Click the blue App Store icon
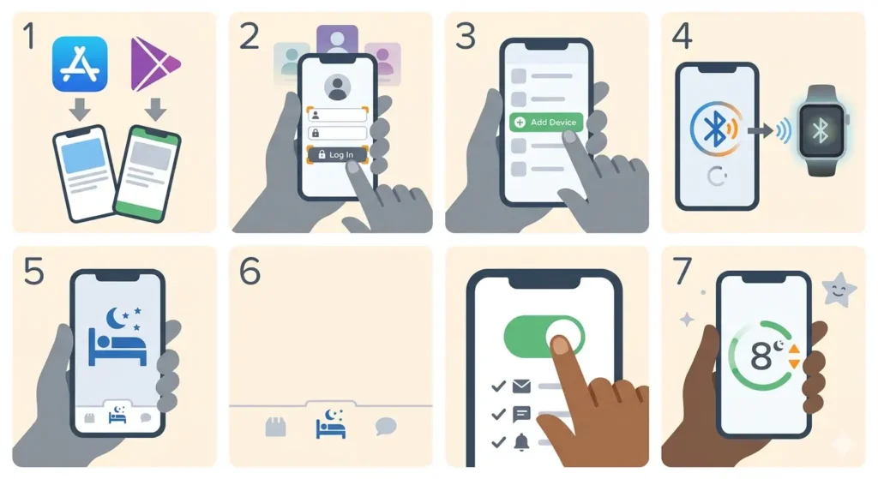coord(80,63)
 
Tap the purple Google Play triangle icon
coord(154,64)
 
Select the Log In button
coord(337,154)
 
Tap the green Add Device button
coord(545,123)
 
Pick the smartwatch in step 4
coord(820,129)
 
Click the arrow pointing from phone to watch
coord(759,130)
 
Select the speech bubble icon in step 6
coord(387,426)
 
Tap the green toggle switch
coord(544,335)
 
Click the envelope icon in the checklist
coord(521,386)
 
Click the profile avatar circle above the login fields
coord(337,87)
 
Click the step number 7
coord(683,271)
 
